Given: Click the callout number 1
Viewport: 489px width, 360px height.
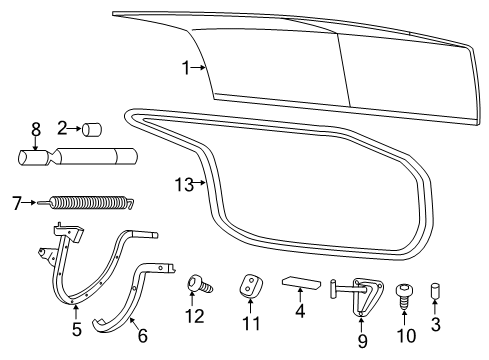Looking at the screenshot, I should coord(186,67).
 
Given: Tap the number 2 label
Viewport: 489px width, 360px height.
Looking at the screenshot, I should coord(62,128).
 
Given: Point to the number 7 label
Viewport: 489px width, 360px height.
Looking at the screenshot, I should coord(16,201).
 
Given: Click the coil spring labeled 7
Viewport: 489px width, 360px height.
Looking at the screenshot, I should coord(91,203).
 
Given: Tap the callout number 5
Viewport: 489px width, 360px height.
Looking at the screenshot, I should coord(76,327).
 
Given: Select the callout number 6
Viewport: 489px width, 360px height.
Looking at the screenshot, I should coord(142,336).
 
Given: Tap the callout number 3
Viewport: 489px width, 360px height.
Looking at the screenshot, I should coord(435,323).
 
